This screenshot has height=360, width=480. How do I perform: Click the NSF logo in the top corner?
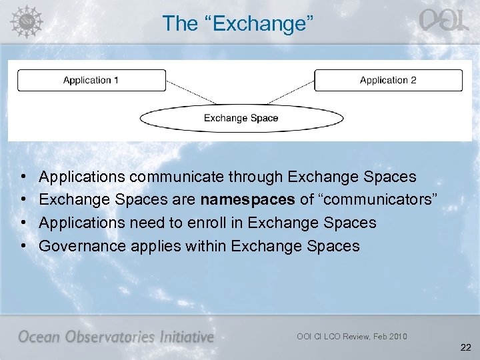tap(25, 21)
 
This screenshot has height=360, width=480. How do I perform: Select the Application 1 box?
tap(91, 81)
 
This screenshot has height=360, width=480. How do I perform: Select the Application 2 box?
tap(388, 81)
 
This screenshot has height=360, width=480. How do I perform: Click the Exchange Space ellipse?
tap(241, 119)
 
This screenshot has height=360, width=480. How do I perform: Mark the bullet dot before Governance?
tap(23, 246)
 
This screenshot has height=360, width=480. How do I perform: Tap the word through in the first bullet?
tap(259, 177)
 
